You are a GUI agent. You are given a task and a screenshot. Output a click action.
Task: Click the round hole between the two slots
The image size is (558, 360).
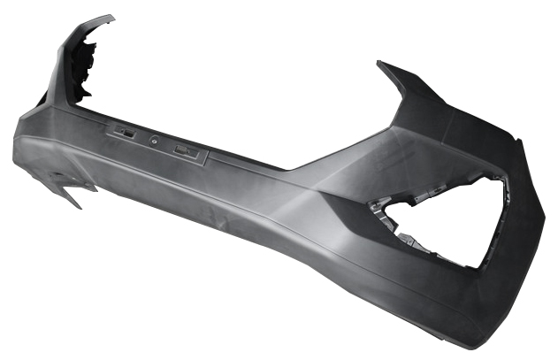pos(155,140)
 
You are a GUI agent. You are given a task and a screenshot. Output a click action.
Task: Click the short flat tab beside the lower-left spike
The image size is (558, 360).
pos(87,187)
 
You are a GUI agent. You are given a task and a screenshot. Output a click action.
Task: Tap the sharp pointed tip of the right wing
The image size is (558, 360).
pos(381,64)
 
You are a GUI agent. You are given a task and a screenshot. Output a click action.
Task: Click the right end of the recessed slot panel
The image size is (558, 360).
pos(205,158)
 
